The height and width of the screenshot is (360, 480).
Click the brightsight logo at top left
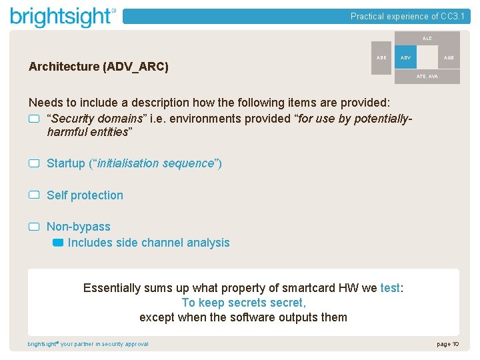[x=63, y=16]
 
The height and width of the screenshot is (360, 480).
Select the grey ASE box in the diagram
[x=381, y=58]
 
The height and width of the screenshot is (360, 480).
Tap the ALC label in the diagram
[x=427, y=39]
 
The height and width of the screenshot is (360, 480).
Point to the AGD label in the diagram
[x=449, y=58]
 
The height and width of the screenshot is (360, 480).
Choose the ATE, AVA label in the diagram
[x=427, y=77]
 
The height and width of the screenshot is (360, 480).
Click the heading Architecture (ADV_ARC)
[x=99, y=67]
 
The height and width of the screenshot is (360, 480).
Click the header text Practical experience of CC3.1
[x=407, y=17]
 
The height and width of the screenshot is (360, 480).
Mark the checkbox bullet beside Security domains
[x=34, y=119]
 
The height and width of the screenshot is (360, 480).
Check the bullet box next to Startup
[x=34, y=163]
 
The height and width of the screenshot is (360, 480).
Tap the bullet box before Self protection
[x=34, y=195]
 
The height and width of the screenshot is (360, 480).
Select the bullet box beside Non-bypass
[x=34, y=227]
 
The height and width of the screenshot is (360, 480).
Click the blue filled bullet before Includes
[x=57, y=243]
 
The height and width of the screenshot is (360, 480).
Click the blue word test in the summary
[x=389, y=288]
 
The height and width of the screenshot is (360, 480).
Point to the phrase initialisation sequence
[x=155, y=163]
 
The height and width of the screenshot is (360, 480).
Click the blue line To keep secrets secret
[x=243, y=303]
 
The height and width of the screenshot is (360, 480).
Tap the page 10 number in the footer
[x=447, y=344]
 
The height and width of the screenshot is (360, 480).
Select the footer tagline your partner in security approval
[x=104, y=344]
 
